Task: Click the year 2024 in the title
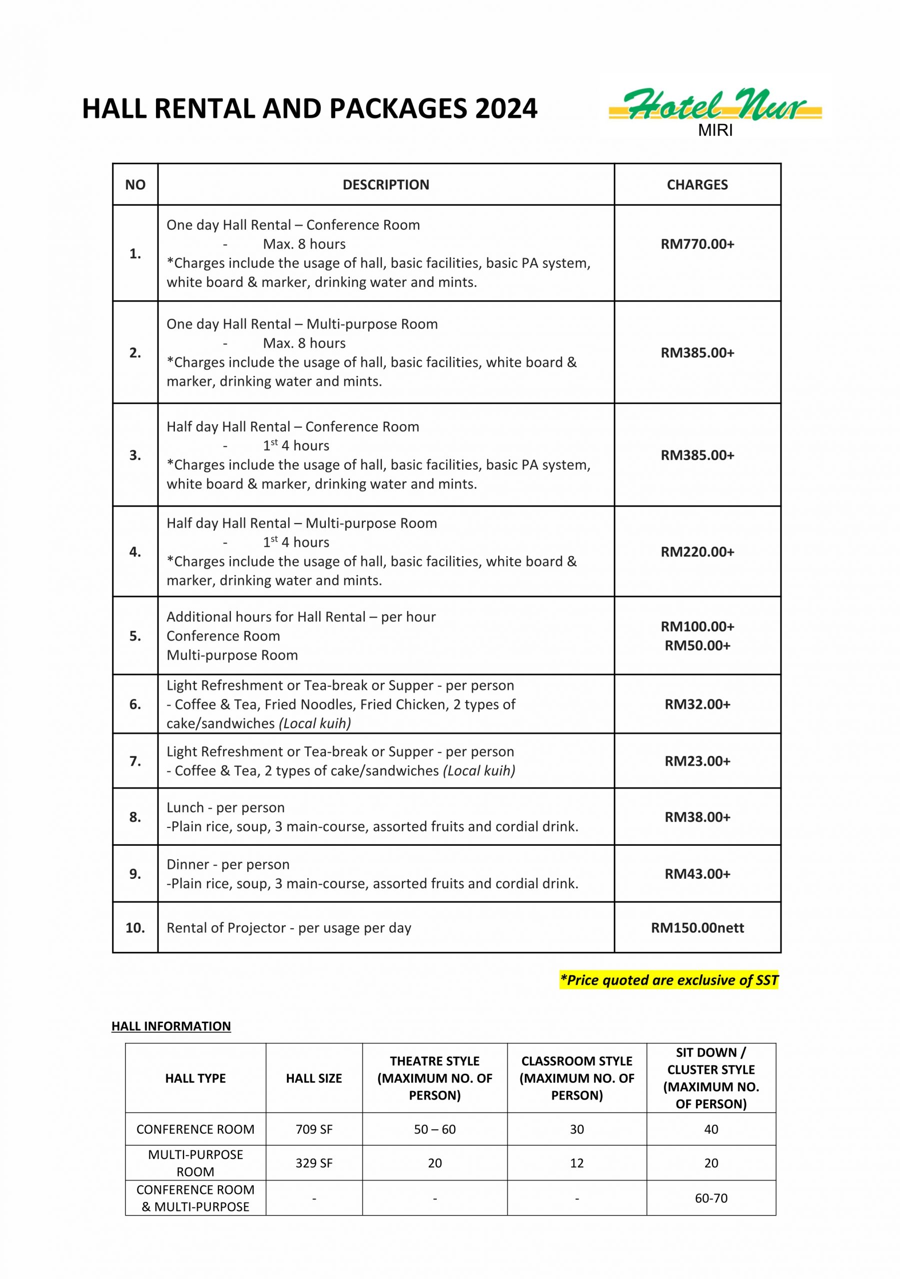pos(506,108)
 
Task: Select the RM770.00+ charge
pos(697,244)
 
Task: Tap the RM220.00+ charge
pos(697,552)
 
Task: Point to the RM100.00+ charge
pos(697,627)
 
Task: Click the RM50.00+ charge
pos(697,645)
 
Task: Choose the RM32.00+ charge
pos(697,704)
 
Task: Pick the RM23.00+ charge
pos(697,761)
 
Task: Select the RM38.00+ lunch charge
pos(697,817)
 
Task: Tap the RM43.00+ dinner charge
pos(697,874)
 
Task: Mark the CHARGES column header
pos(697,185)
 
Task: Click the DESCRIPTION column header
pos(386,185)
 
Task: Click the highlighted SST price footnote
pos(669,980)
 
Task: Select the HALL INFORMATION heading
pos(171,1026)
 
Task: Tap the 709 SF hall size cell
pos(314,1129)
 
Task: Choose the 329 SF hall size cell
pos(314,1163)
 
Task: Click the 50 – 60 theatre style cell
pos(435,1129)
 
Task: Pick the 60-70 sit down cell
pos(711,1198)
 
